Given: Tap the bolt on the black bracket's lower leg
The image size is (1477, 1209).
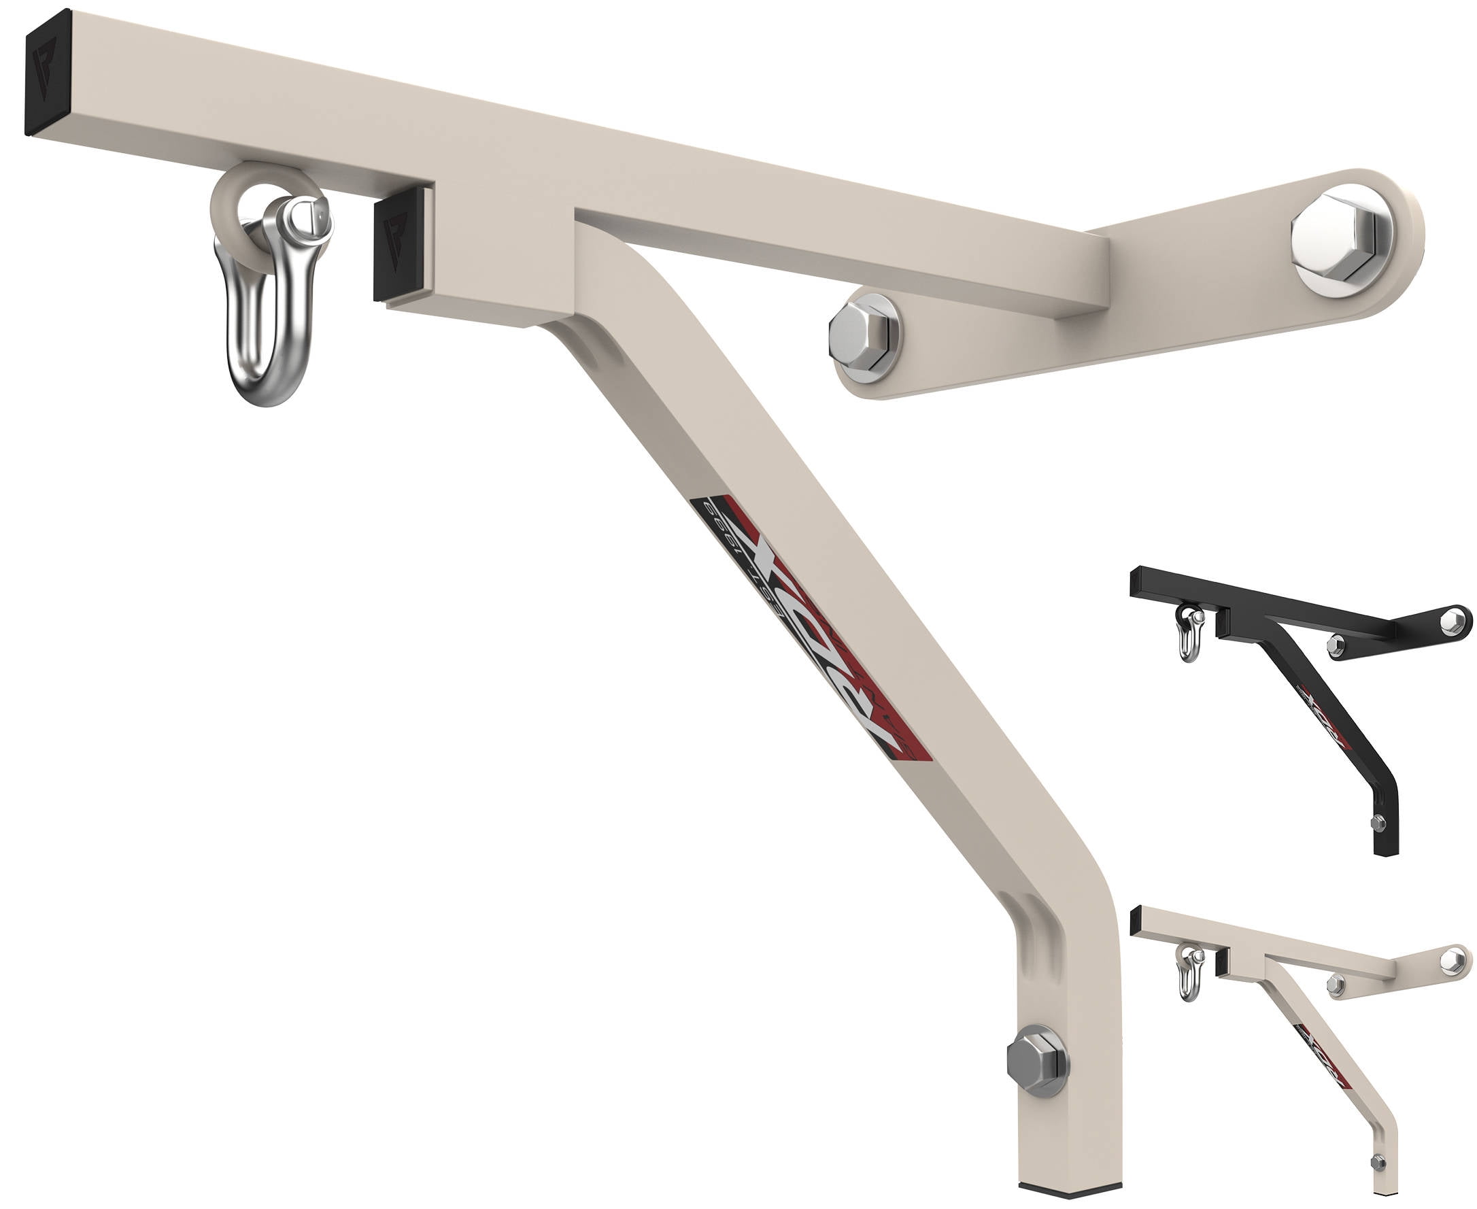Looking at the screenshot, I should point(1378,823).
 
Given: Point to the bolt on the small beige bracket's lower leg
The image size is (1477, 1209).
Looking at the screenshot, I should point(1378,1160).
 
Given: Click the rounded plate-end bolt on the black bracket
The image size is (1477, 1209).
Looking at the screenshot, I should point(1452,620).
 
